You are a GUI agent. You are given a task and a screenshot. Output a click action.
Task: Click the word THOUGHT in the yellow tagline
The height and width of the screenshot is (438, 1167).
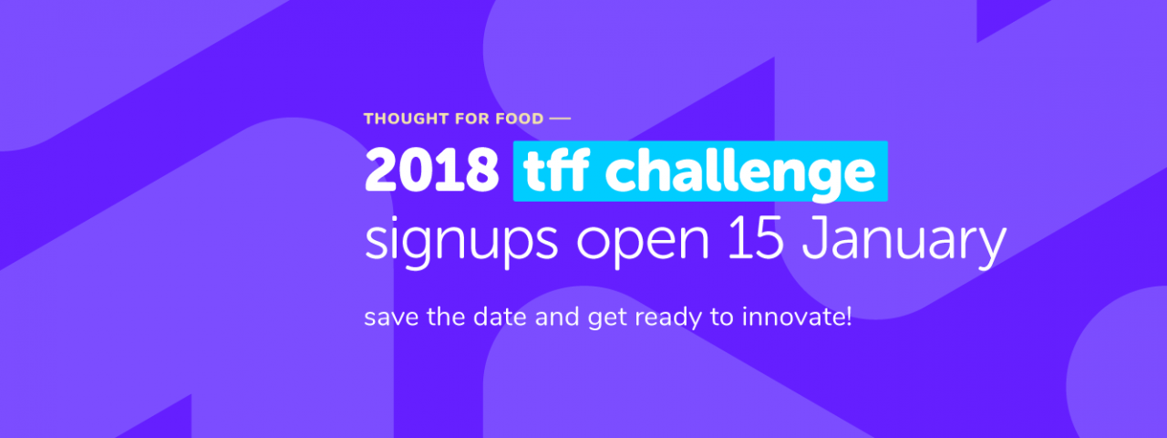pyautogui.click(x=407, y=119)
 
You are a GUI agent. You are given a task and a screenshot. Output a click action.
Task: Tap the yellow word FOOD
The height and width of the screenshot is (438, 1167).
pyautogui.click(x=520, y=119)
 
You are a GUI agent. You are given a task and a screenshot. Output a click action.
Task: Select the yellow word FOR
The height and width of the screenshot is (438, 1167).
pyautogui.click(x=472, y=119)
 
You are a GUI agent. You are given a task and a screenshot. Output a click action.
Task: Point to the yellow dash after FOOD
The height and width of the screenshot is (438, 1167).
pyautogui.click(x=560, y=119)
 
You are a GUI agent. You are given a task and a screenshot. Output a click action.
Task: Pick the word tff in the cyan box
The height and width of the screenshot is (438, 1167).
pyautogui.click(x=557, y=170)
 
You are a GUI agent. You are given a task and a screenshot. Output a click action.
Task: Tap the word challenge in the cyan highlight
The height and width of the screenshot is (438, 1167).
pyautogui.click(x=740, y=173)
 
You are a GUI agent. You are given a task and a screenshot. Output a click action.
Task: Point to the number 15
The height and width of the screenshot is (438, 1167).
pyautogui.click(x=756, y=238)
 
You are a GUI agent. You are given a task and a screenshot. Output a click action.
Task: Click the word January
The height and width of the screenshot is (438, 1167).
pyautogui.click(x=904, y=243)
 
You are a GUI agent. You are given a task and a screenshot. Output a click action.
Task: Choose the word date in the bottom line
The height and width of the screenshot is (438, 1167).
pyautogui.click(x=500, y=317)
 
